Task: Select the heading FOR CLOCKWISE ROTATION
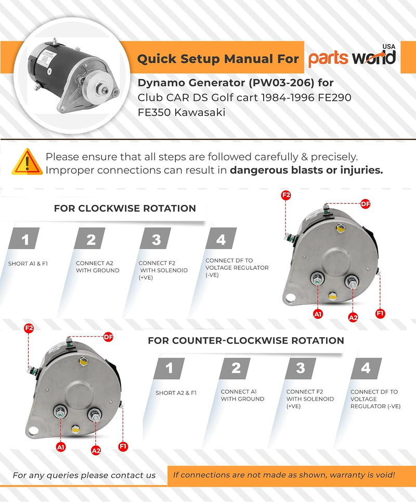(x=125, y=209)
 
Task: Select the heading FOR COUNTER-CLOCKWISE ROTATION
(x=246, y=341)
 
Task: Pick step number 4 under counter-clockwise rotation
(x=366, y=369)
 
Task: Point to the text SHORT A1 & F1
(x=28, y=264)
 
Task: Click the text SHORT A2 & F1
(x=176, y=393)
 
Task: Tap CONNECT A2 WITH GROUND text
(x=98, y=267)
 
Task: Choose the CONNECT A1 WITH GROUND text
(x=242, y=395)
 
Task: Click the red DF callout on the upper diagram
(x=365, y=204)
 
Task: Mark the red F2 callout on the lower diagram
(x=29, y=328)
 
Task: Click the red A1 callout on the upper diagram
(x=318, y=314)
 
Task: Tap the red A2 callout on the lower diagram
(x=96, y=450)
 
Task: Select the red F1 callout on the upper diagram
(x=380, y=313)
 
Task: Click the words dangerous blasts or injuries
(x=306, y=170)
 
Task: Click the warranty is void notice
(x=283, y=474)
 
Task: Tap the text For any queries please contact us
(x=84, y=475)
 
